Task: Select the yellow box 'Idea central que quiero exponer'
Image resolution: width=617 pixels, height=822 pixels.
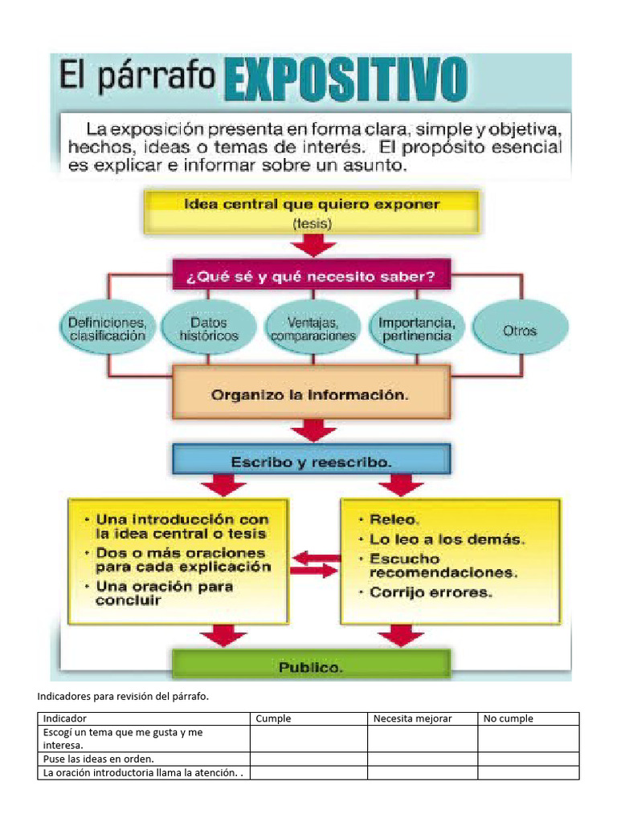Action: (312, 211)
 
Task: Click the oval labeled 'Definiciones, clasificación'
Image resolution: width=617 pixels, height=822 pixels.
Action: (107, 329)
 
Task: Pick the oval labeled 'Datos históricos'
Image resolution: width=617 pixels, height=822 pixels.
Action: (209, 329)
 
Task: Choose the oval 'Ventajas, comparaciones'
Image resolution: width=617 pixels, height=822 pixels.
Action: (313, 329)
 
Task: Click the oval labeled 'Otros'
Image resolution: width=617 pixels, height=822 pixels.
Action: (520, 329)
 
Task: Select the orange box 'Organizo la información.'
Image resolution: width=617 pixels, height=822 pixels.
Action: (312, 395)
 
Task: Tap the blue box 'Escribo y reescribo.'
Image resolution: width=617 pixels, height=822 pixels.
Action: (312, 462)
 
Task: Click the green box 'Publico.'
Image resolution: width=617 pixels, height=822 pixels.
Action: (312, 666)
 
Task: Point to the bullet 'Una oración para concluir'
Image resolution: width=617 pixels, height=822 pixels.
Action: (165, 593)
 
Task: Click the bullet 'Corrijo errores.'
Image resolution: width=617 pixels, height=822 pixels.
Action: (431, 593)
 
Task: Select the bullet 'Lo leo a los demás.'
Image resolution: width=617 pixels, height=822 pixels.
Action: (447, 539)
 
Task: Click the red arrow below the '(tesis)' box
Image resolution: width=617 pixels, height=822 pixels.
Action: (312, 244)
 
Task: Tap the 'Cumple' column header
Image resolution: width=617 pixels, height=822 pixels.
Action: (273, 718)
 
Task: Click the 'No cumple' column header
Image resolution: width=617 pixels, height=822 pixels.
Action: (508, 718)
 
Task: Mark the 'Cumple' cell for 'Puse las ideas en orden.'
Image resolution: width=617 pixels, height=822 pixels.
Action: (308, 759)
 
